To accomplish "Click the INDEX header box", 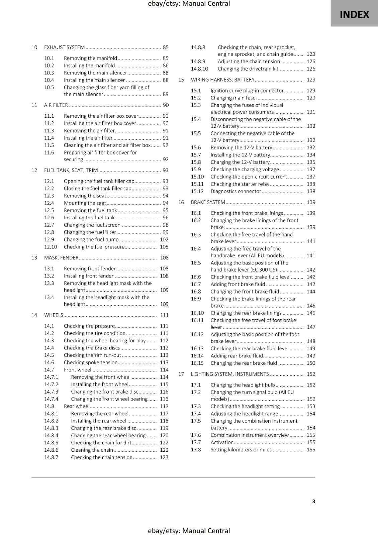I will pos(354,14).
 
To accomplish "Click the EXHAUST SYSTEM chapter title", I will pos(64,47).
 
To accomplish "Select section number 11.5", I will pos(49,145).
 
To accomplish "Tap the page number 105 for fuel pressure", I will pos(164,247).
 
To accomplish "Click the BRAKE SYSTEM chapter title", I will pos(208,202).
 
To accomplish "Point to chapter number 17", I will pos(181,374).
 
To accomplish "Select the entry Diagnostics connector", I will pos(235,191).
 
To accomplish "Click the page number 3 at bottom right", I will pos(313,501).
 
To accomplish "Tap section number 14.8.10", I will pos(199,69).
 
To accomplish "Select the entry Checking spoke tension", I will pos(90,362).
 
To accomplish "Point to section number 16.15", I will pos(197,363).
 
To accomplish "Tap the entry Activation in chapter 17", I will pos(222,442).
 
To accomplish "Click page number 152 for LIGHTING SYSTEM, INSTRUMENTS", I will pos(311,374).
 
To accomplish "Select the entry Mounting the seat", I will pos(85,203).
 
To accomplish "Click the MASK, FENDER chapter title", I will pos(61,258).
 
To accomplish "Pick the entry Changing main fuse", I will pos(233,98).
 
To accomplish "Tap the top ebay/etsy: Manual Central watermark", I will pos(189,4).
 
